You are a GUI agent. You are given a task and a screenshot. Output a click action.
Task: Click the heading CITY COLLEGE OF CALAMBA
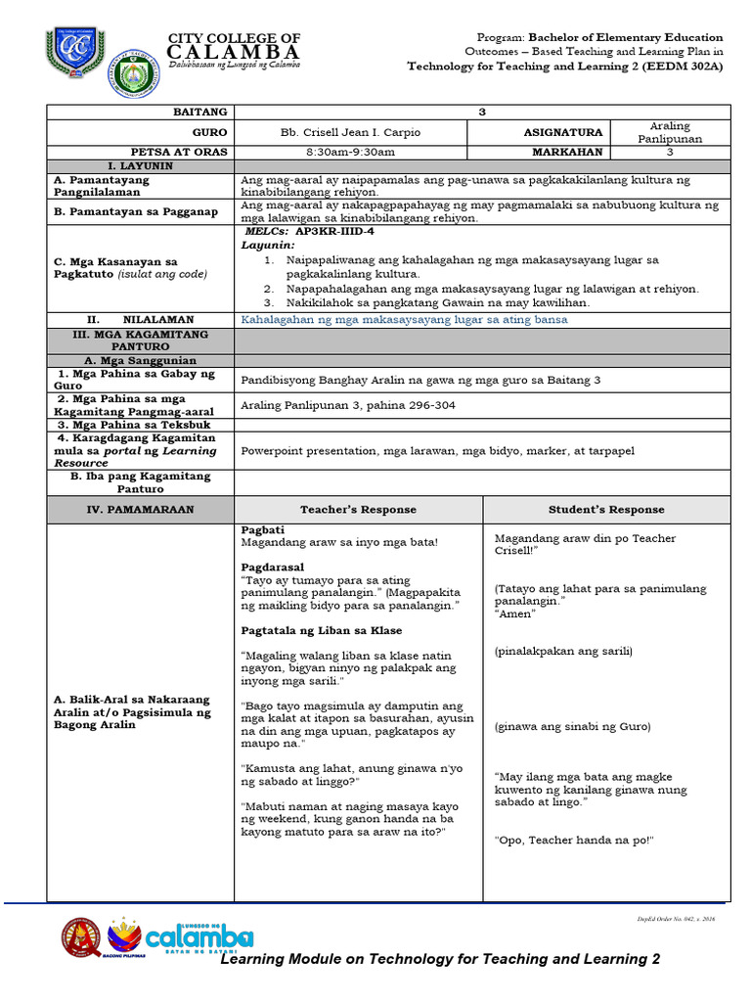pos(235,45)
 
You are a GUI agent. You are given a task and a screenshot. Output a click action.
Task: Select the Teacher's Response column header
pos(358,509)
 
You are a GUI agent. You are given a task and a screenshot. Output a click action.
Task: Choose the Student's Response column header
pos(606,509)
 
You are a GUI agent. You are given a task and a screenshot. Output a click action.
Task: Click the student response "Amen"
pos(515,614)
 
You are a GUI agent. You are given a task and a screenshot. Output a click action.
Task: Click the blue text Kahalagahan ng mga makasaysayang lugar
pos(404,319)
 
